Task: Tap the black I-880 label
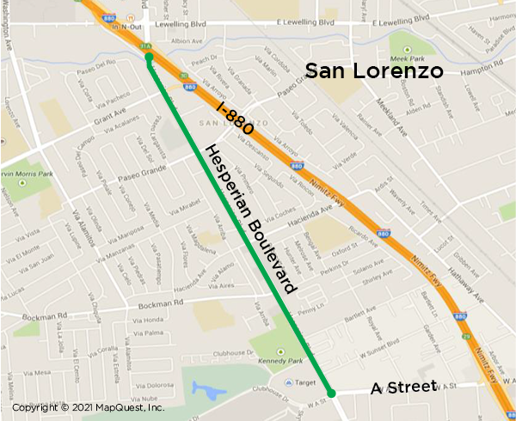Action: click(x=234, y=119)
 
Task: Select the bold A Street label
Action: click(x=404, y=388)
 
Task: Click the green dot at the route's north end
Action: click(x=149, y=58)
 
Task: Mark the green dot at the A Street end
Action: click(x=330, y=393)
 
